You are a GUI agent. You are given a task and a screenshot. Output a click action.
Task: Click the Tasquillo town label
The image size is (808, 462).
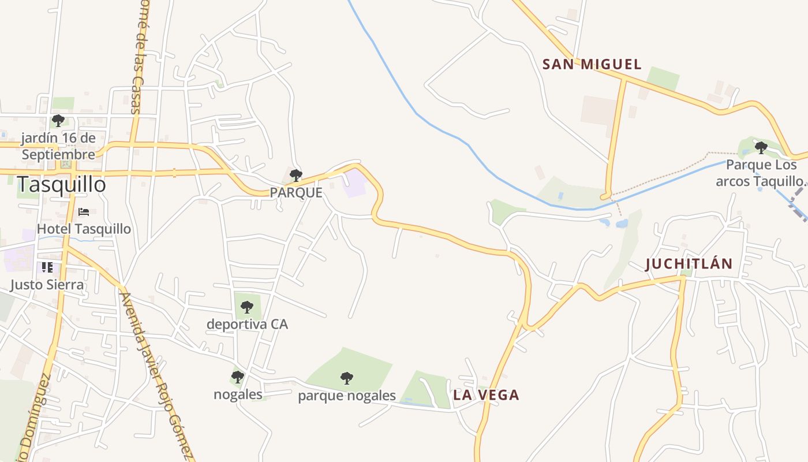pyautogui.click(x=61, y=185)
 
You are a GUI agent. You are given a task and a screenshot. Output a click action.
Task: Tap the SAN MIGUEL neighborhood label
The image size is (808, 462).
pyautogui.click(x=592, y=64)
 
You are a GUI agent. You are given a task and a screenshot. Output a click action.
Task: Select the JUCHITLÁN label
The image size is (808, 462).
pyautogui.click(x=689, y=264)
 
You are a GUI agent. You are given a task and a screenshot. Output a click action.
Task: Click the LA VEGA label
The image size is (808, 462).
pyautogui.click(x=486, y=395)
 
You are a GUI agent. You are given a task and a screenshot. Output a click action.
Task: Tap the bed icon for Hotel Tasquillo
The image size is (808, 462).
pyautogui.click(x=84, y=212)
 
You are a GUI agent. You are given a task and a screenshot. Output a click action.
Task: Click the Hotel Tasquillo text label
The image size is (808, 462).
pyautogui.click(x=84, y=229)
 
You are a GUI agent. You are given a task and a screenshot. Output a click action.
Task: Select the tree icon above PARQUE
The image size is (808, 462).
pyautogui.click(x=295, y=176)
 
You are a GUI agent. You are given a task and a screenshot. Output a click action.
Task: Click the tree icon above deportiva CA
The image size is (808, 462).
pyautogui.click(x=247, y=307)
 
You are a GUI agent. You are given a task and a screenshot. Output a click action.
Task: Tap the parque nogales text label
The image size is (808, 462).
pyautogui.click(x=346, y=396)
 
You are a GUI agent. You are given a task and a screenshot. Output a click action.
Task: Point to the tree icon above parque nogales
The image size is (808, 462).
pyautogui.click(x=346, y=378)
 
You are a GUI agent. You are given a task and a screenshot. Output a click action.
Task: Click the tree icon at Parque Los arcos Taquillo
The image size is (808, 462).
pyautogui.click(x=761, y=148)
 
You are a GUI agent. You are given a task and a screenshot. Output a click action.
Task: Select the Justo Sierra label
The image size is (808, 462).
pyautogui.click(x=47, y=285)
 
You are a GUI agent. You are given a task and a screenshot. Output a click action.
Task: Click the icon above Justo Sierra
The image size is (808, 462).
pyautogui.click(x=47, y=267)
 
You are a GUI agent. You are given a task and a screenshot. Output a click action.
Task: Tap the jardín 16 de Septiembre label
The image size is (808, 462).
pyautogui.click(x=58, y=147)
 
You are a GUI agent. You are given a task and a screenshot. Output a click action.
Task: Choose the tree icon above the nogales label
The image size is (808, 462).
pyautogui.click(x=237, y=378)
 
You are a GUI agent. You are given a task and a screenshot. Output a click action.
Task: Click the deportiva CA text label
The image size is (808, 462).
pyautogui.click(x=247, y=324)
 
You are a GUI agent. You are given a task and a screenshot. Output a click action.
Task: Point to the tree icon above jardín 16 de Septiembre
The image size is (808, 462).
pyautogui.click(x=58, y=121)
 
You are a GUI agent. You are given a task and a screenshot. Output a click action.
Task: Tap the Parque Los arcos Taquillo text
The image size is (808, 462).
pyautogui.click(x=760, y=173)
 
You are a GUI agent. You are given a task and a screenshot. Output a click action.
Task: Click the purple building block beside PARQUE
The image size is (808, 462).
pyautogui.click(x=354, y=183)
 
